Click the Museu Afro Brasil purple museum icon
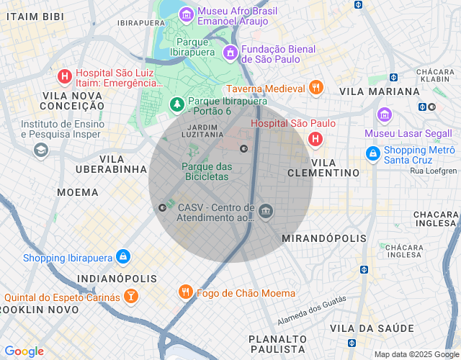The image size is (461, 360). pyautogui.click(x=187, y=14)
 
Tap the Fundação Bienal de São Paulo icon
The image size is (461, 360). pyautogui.click(x=230, y=52)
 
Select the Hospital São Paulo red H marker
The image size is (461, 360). pyautogui.click(x=315, y=138)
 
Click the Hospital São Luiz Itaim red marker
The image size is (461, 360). pyautogui.click(x=64, y=76)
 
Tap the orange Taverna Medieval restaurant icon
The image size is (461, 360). pyautogui.click(x=315, y=88)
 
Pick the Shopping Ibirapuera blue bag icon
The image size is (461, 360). pyautogui.click(x=123, y=256)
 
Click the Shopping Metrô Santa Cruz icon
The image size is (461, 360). pyautogui.click(x=372, y=153)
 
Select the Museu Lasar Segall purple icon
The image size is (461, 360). pyautogui.click(x=384, y=115)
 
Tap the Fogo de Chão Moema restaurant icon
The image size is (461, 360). pyautogui.click(x=185, y=292)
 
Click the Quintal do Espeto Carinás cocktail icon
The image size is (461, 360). pyautogui.click(x=130, y=296)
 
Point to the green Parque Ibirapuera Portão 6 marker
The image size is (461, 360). pyautogui.click(x=177, y=105)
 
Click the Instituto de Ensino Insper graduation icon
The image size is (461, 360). pyautogui.click(x=40, y=149)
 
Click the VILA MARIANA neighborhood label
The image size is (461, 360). pyautogui.click(x=379, y=91)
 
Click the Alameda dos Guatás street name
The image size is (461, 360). pyautogui.click(x=311, y=310)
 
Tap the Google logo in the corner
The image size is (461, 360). pyautogui.click(x=24, y=351)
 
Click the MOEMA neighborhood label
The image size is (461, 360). pyautogui.click(x=77, y=192)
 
